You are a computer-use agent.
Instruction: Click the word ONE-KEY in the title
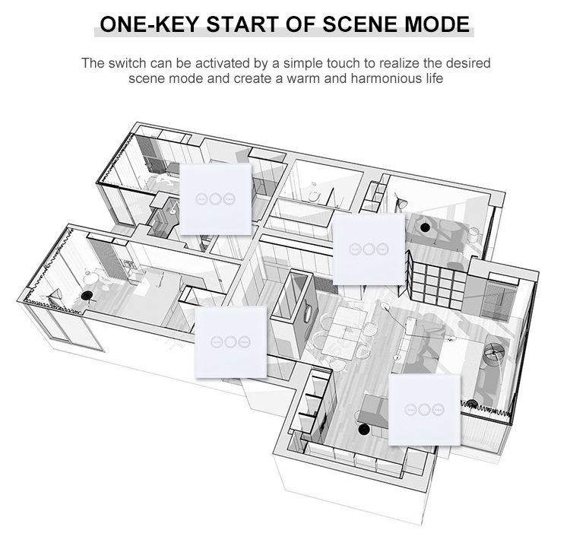(149, 24)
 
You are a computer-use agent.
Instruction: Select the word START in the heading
(243, 24)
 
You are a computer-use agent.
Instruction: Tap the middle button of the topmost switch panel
(215, 199)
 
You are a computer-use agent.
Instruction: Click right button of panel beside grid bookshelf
(382, 249)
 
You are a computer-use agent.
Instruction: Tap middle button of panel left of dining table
(230, 342)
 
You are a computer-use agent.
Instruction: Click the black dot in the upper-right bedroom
(424, 227)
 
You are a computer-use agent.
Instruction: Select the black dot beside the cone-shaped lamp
(86, 295)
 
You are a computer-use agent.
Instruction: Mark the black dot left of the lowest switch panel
(363, 429)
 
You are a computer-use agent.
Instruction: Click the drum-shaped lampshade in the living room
(495, 352)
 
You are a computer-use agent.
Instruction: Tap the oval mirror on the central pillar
(308, 313)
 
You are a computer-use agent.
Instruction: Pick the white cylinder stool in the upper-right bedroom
(473, 235)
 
